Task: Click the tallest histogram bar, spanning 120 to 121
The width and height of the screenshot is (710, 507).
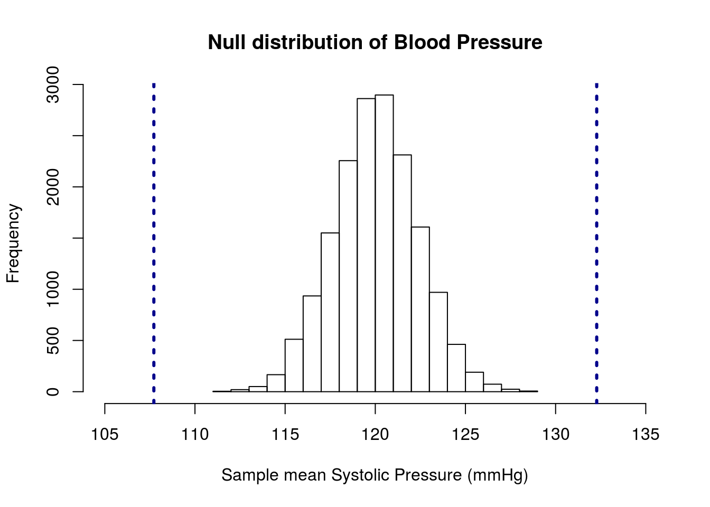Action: pos(384,243)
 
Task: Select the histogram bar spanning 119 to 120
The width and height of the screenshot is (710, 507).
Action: pos(366,245)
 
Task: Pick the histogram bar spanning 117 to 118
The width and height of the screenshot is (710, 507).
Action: pos(330,312)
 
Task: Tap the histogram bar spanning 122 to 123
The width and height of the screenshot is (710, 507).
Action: pos(421,309)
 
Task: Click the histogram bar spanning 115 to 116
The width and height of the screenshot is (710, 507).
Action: pos(294,365)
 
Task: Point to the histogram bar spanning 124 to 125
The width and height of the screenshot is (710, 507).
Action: pos(456,368)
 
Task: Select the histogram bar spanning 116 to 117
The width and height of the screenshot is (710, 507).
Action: pos(312,343)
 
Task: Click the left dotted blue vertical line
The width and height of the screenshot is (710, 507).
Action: pos(154,238)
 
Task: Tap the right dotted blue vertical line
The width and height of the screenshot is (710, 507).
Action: pos(596,238)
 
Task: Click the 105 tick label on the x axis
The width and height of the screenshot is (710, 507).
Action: pos(105,435)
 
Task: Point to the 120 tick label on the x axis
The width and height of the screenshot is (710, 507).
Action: pos(375,435)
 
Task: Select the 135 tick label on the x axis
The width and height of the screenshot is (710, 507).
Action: pos(646,435)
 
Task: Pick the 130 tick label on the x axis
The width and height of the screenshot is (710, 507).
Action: pos(556,435)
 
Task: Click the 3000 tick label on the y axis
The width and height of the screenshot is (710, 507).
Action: pos(52,84)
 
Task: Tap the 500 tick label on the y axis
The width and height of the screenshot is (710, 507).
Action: pos(52,341)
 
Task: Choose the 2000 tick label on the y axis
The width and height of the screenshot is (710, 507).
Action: pos(52,187)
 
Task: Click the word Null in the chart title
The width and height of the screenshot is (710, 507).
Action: pos(227,42)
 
